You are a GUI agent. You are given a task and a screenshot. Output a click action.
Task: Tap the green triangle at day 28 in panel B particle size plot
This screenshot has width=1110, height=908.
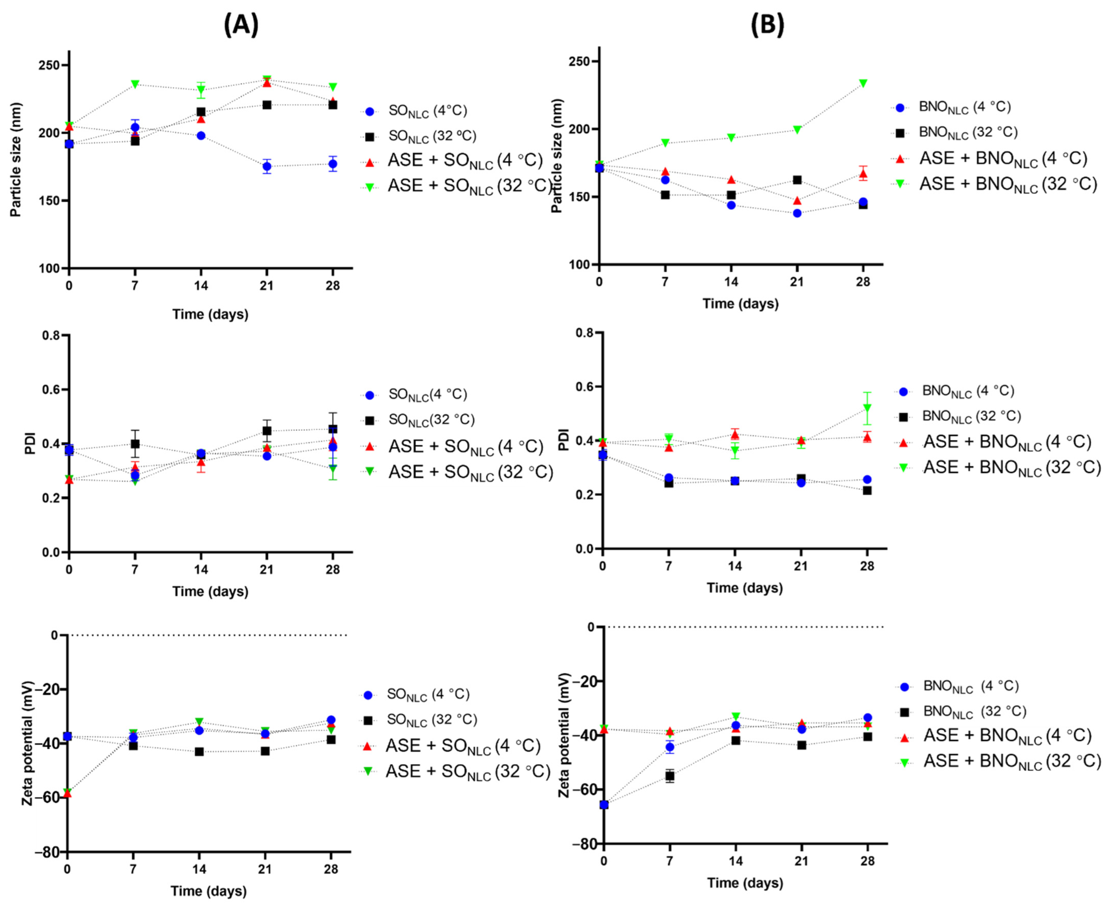863,83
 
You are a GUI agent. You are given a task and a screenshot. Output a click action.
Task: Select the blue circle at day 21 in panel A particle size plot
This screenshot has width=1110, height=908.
267,167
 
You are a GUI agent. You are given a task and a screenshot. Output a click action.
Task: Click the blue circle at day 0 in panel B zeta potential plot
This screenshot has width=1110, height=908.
603,804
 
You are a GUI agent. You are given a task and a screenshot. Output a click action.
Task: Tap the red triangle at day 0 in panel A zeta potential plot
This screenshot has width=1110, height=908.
67,793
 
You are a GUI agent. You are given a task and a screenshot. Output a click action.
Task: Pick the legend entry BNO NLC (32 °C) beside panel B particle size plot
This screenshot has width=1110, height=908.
967,132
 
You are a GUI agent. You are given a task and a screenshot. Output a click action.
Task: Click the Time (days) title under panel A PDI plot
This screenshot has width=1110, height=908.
210,591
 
